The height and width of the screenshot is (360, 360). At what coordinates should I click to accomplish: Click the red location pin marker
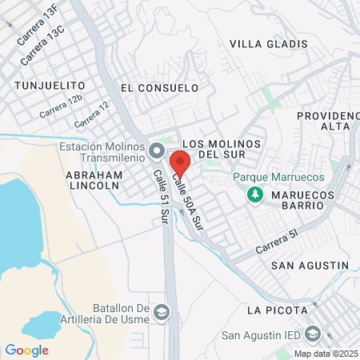coord(180,163)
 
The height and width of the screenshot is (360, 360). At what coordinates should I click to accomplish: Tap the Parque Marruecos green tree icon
coord(255,194)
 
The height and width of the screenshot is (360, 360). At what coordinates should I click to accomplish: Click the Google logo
coord(26,350)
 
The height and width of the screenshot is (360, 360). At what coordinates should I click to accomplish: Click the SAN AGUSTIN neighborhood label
coord(310,265)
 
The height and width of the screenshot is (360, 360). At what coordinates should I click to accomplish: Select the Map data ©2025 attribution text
coord(326,353)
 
